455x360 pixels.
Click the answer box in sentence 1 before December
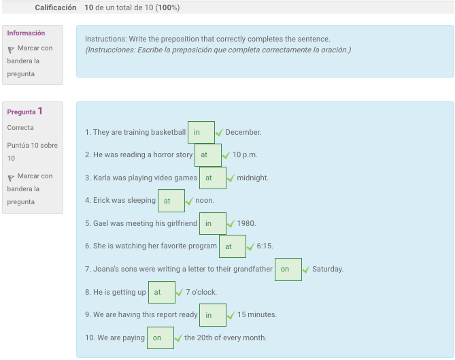[201, 133]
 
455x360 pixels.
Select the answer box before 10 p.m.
[208, 155]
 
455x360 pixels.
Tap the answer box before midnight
[213, 178]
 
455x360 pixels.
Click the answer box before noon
[171, 201]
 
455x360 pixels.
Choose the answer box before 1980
[213, 223]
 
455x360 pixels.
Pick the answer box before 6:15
[233, 246]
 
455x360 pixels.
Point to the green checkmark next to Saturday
[306, 269]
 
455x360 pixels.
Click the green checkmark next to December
[219, 133]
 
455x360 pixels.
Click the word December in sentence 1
[243, 133]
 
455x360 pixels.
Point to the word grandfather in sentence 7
[252, 269]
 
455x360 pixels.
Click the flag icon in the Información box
[11, 49]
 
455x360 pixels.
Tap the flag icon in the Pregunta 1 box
[11, 177]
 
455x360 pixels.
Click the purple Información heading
[26, 33]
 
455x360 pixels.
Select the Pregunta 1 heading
[24, 112]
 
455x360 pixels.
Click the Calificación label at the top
[55, 7]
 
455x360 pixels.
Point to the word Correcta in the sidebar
[20, 128]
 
